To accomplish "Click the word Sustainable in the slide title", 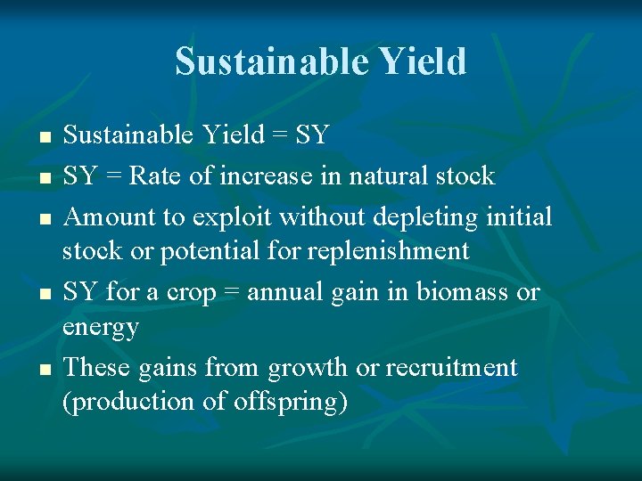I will [271, 61].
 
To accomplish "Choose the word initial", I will [520, 216].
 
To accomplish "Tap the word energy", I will [101, 329].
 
